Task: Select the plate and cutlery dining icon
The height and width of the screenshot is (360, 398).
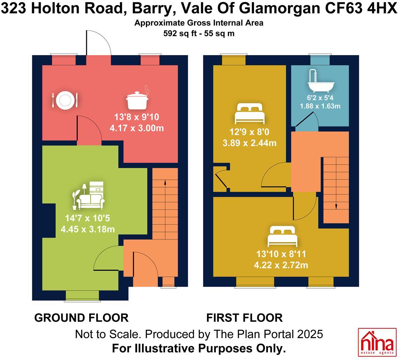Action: point(65,100)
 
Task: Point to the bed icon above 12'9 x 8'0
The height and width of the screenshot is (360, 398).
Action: point(250,114)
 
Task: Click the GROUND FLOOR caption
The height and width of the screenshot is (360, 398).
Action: point(81,318)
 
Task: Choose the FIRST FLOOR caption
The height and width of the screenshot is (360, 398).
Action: point(244,318)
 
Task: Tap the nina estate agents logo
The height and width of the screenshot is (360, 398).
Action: point(377,342)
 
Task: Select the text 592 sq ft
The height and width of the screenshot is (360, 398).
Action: point(180,33)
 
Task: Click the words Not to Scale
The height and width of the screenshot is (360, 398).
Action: point(107,334)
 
